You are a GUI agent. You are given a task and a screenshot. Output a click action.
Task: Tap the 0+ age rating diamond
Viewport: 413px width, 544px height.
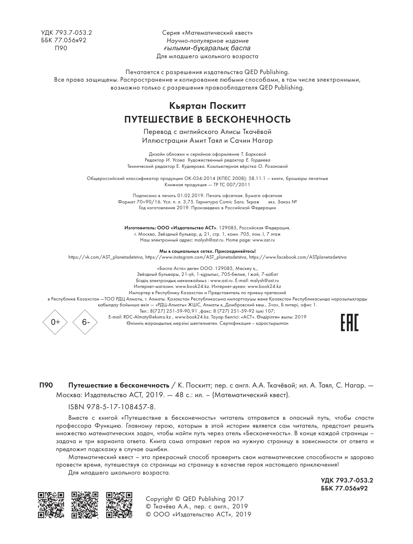pyautogui.click(x=56, y=322)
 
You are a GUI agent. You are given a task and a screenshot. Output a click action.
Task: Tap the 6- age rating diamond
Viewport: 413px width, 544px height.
pyautogui.click(x=85, y=322)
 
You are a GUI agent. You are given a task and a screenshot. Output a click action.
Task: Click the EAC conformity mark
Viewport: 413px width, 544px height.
pyautogui.click(x=349, y=321)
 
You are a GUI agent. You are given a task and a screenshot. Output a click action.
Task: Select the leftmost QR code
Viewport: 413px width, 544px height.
pyautogui.click(x=51, y=505)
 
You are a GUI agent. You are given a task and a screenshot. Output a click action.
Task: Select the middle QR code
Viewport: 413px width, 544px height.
pyautogui.click(x=85, y=505)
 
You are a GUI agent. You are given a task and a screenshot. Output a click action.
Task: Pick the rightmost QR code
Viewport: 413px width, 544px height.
pyautogui.click(x=119, y=505)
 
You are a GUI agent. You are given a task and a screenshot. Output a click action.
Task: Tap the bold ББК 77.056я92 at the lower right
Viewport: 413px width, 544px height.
pyautogui.click(x=344, y=488)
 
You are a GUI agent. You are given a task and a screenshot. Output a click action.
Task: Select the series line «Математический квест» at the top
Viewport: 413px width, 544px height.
pyautogui.click(x=207, y=33)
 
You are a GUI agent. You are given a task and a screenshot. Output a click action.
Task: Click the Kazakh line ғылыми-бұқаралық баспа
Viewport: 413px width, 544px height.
pyautogui.click(x=207, y=48)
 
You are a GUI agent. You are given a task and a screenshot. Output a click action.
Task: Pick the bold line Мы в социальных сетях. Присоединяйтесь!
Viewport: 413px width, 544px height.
pyautogui.click(x=207, y=251)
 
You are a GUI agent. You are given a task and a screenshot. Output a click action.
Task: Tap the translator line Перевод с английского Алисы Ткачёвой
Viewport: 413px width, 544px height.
pyautogui.click(x=207, y=132)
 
